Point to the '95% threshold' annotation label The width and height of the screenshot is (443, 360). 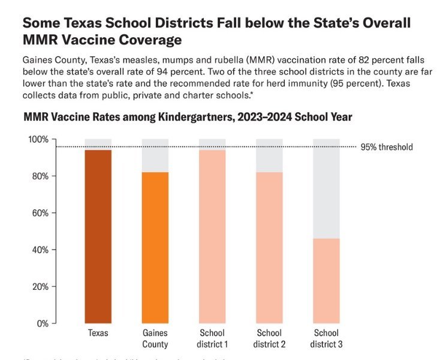tap(387, 147)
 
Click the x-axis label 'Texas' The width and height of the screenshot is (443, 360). tap(98, 333)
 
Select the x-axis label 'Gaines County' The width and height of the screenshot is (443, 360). tap(155, 338)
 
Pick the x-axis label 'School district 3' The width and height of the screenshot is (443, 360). tap(326, 338)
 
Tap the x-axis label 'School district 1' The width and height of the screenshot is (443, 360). tap(212, 338)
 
